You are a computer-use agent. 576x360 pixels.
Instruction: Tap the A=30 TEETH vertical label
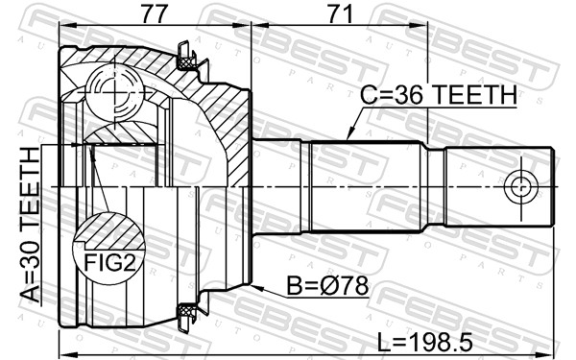tap(30, 225)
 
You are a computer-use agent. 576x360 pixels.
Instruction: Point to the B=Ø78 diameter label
tap(327, 286)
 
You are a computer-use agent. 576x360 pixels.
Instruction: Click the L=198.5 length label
tap(425, 343)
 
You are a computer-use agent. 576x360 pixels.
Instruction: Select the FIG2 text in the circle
tap(110, 262)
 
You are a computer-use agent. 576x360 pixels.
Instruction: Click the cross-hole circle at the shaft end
tap(521, 186)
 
